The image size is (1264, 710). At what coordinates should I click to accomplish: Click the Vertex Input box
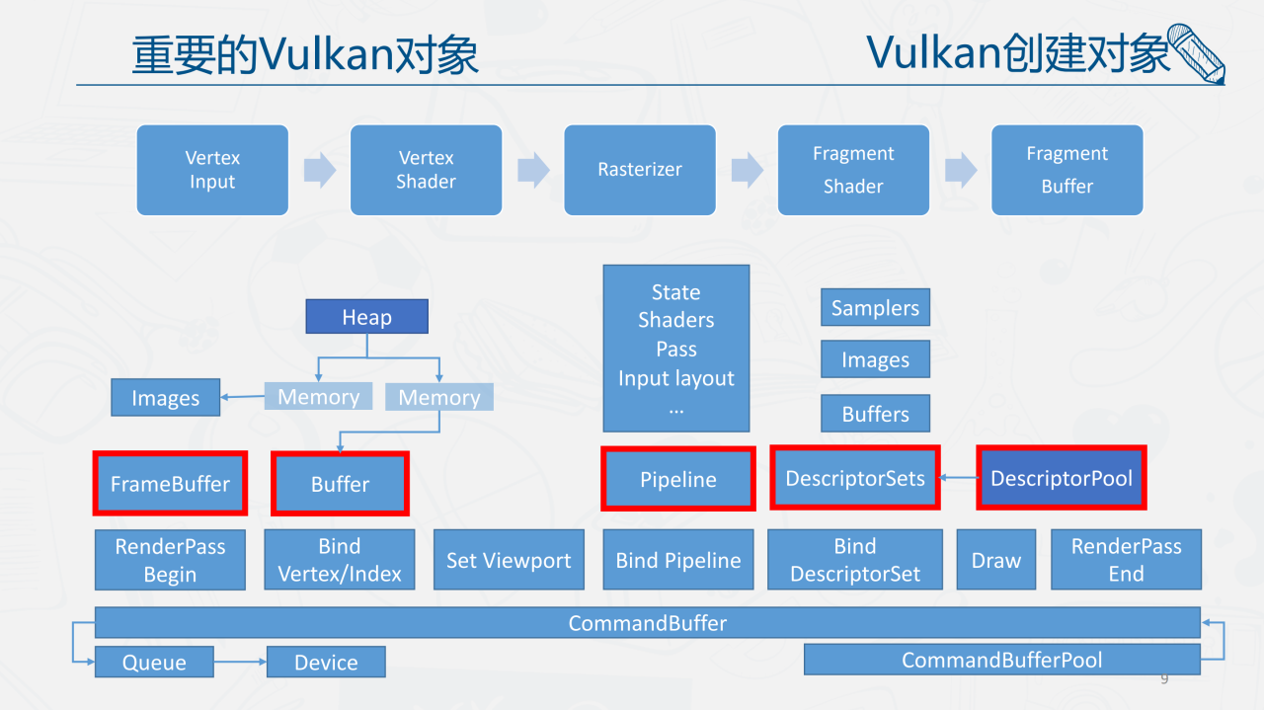tap(212, 170)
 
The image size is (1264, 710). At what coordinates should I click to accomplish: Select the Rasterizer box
tap(640, 170)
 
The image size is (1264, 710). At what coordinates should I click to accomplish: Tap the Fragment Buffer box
tap(1066, 170)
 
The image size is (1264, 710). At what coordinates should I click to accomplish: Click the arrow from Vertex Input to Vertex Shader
tap(319, 170)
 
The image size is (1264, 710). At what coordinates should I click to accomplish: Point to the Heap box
tap(366, 317)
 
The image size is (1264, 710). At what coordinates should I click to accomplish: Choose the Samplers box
tap(875, 308)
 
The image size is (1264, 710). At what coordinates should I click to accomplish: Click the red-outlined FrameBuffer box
tap(170, 483)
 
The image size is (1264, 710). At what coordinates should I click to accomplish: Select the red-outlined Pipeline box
tap(678, 479)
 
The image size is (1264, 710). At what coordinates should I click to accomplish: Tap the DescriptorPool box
tap(1062, 478)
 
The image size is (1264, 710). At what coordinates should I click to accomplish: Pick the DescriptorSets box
tap(855, 478)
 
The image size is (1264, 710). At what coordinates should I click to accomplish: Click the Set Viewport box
tap(509, 560)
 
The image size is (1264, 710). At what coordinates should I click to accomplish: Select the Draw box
tap(996, 560)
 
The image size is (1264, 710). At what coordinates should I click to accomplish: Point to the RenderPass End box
tap(1126, 560)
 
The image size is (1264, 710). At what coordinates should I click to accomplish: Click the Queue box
tap(154, 662)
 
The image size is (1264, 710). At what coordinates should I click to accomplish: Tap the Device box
tap(326, 662)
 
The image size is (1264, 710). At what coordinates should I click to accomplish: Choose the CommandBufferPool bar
tap(1001, 660)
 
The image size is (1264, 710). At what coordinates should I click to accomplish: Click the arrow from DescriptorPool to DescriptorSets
tap(958, 478)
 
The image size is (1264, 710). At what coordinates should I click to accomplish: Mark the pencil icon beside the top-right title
tap(1196, 54)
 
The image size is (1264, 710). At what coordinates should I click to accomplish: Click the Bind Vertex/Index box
tap(340, 560)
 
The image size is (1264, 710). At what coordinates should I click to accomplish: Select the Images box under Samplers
tap(875, 360)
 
